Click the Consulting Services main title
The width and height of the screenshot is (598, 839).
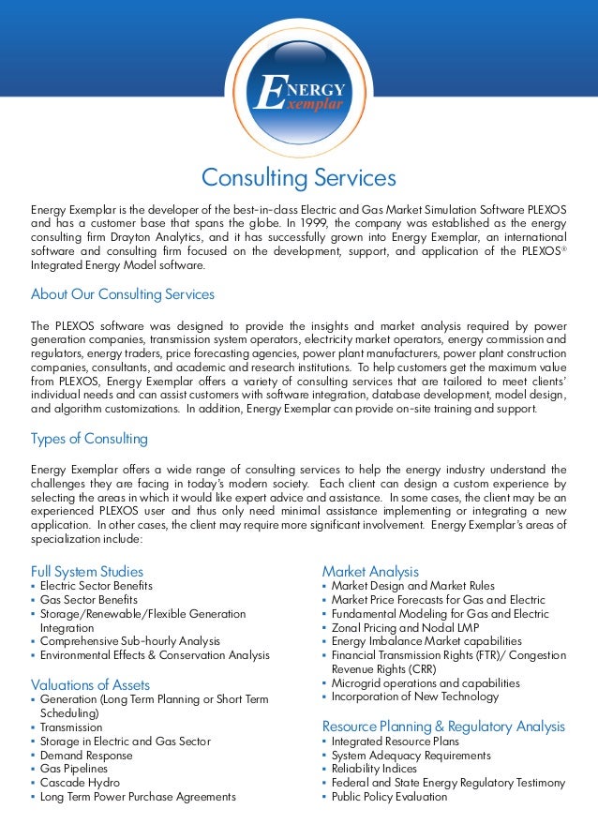[x=299, y=177]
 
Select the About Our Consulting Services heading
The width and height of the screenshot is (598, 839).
[x=123, y=294]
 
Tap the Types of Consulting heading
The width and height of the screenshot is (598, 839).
[x=89, y=439]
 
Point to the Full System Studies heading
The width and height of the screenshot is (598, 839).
[x=87, y=571]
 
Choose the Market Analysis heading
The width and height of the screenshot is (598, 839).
[x=370, y=571]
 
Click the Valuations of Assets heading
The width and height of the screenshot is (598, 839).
[x=90, y=684]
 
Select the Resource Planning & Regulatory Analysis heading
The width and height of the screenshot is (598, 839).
[x=443, y=727]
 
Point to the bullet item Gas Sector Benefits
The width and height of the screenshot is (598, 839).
[x=89, y=600]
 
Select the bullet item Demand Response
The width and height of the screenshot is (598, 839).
[x=86, y=755]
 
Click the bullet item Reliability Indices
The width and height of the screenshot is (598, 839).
[x=375, y=769]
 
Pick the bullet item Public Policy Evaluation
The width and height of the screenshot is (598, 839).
[x=389, y=797]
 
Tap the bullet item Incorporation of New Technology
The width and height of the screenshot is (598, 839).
[x=415, y=697]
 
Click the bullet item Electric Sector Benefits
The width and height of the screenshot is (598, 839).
[x=97, y=586]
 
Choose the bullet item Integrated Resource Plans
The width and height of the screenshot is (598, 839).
[x=390, y=741]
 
